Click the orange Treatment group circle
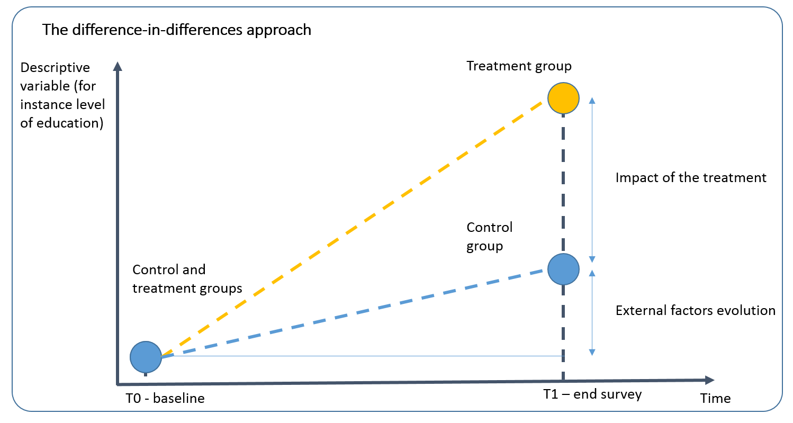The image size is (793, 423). [563, 98]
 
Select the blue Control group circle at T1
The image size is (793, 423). [563, 269]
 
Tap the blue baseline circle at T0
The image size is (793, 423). [146, 357]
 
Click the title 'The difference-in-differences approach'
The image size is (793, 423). [177, 30]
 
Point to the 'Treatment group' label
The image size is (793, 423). [519, 66]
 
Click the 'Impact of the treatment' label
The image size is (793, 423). [691, 178]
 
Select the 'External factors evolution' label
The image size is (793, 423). [695, 310]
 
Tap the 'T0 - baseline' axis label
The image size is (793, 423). [165, 399]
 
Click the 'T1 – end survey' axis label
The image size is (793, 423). [592, 394]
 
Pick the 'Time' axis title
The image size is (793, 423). [715, 399]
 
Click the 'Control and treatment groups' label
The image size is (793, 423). [187, 280]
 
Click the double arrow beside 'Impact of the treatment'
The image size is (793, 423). [592, 180]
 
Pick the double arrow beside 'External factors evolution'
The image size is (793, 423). [592, 312]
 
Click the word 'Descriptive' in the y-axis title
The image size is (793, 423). [55, 68]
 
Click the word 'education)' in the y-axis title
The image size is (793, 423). [70, 123]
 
